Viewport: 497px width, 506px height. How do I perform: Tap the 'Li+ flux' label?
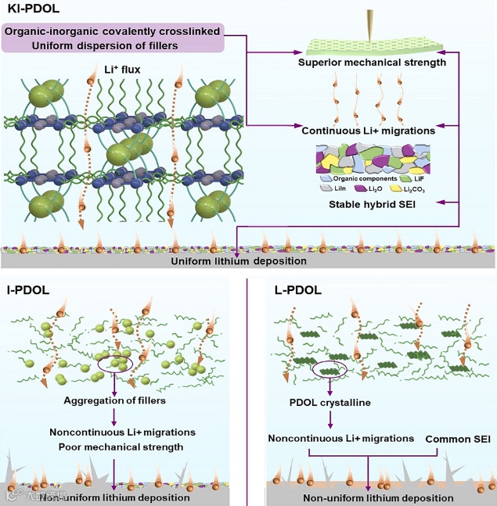tap(106, 78)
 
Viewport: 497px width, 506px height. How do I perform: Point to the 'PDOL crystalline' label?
tap(330, 404)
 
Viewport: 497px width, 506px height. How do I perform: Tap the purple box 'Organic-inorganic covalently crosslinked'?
tap(114, 38)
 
